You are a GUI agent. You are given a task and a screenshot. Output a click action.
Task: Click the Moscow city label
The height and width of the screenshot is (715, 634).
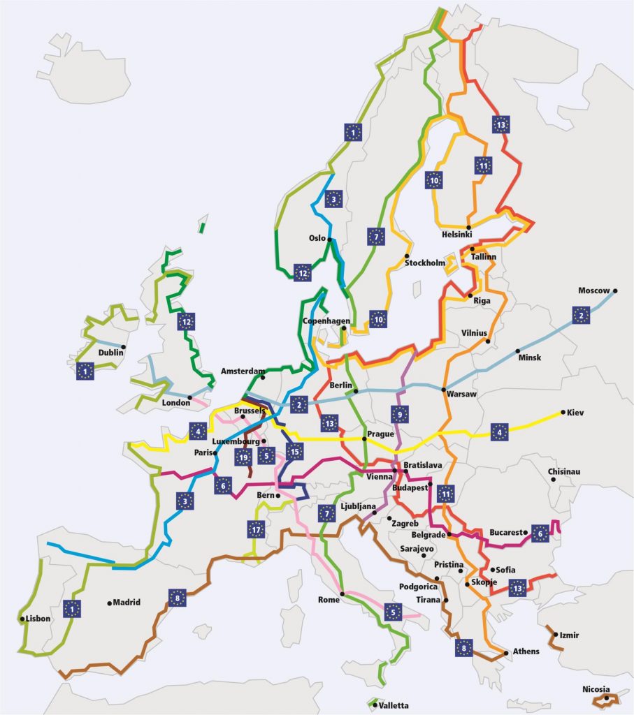pos(593,290)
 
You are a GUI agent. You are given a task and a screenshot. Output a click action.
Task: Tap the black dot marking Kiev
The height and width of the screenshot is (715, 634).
pos(563,413)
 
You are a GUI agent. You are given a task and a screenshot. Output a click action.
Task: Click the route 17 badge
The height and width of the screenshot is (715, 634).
pos(256,530)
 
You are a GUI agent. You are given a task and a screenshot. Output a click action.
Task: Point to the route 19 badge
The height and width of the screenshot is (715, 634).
pos(243,458)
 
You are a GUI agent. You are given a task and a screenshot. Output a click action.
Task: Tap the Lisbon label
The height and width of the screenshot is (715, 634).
pos(38,619)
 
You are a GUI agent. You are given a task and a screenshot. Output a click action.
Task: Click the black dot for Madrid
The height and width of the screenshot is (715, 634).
pos(110,603)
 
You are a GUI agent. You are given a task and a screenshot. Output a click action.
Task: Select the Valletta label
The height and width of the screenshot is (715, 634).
pos(393,705)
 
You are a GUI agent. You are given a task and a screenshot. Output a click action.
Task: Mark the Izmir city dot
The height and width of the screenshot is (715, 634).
pos(554,635)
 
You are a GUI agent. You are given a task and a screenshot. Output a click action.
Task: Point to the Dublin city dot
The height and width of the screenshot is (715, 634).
pos(123,347)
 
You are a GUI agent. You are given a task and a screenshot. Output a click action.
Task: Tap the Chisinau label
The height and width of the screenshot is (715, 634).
pos(564,471)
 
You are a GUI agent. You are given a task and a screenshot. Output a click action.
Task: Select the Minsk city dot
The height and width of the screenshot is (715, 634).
pos(518,351)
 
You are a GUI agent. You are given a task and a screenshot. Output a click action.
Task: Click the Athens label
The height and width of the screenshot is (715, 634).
pos(526,651)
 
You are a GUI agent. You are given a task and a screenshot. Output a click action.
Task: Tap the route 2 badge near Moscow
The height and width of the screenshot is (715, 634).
pos(579,315)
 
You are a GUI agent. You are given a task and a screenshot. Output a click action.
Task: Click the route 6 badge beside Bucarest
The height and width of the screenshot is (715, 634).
pos(540,533)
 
